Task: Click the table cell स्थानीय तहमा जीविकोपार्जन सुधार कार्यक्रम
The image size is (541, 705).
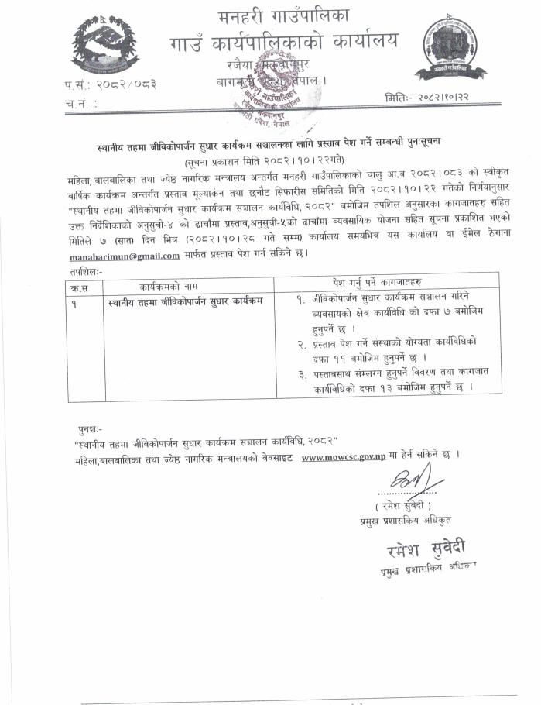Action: point(187,300)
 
